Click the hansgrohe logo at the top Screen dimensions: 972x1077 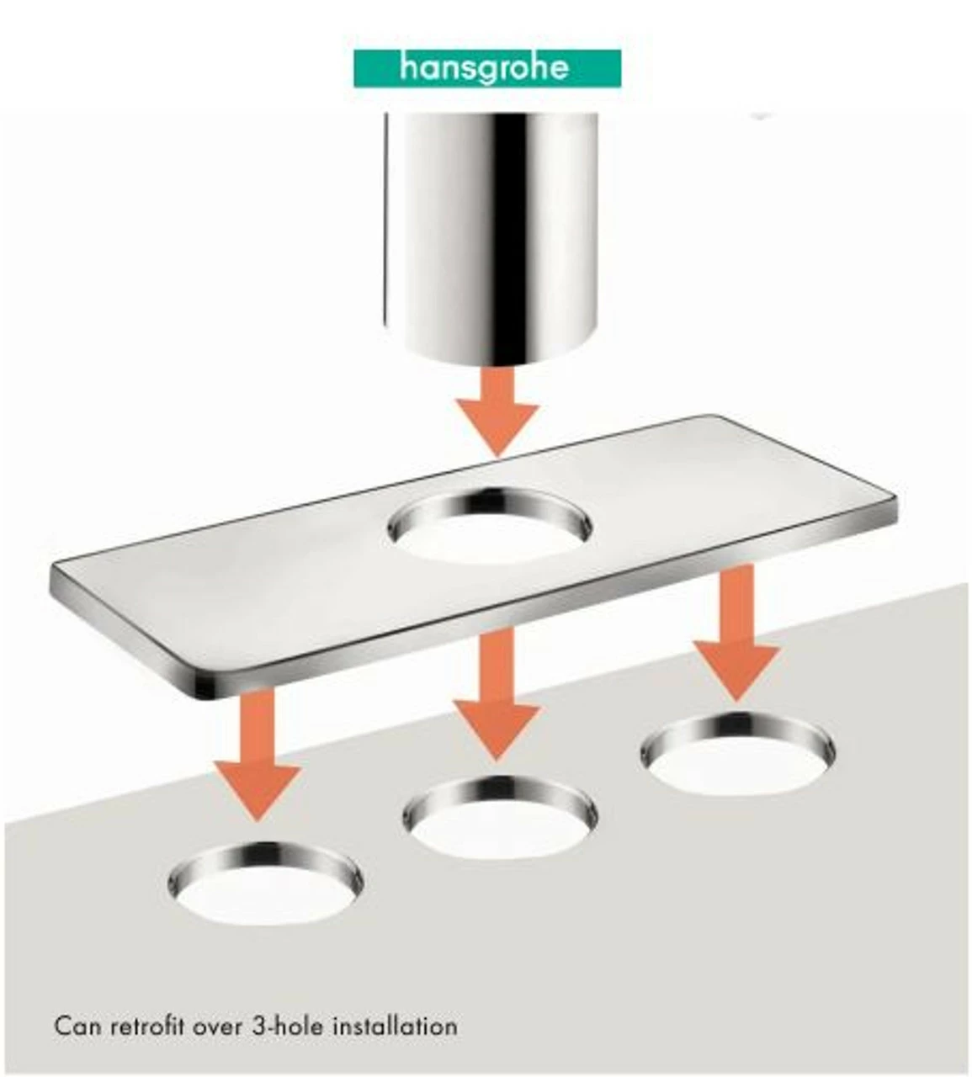tap(487, 68)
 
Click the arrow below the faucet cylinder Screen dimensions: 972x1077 tap(497, 412)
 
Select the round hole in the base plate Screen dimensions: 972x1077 tap(489, 525)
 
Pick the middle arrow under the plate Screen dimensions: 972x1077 tap(497, 693)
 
